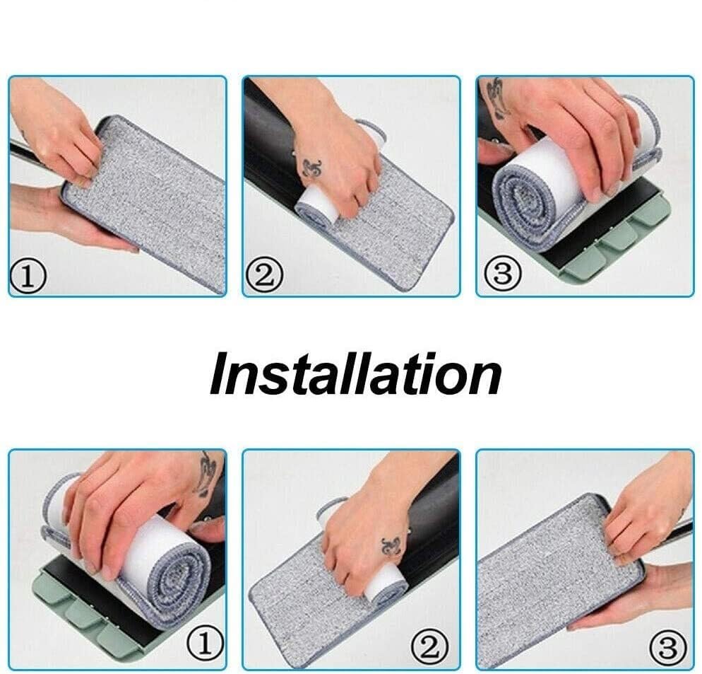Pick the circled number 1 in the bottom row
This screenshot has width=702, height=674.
point(206,644)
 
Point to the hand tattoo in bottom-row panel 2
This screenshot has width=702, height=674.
point(391,545)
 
